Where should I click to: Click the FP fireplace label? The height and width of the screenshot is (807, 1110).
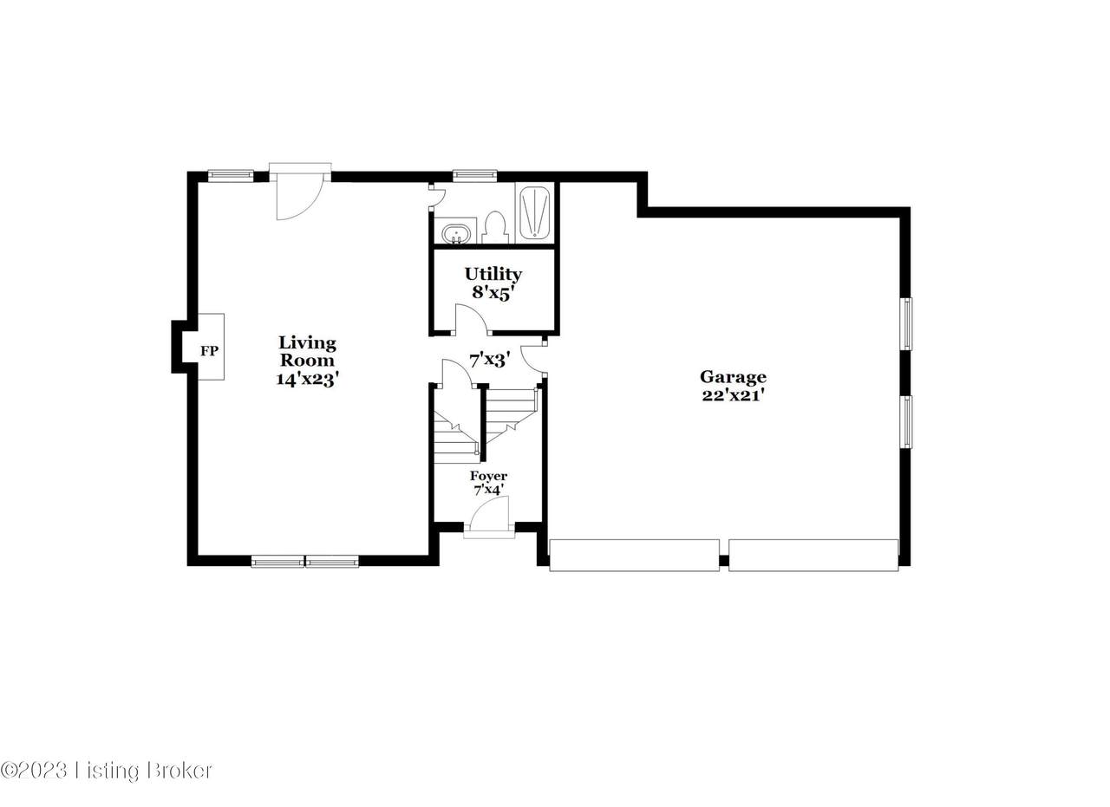pos(209,351)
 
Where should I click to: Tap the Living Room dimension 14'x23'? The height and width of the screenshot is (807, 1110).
pos(307,379)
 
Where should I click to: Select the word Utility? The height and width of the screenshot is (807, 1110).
pos(493,275)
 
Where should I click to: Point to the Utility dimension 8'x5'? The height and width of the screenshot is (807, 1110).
pos(491,293)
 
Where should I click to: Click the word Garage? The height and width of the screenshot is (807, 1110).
pos(733,377)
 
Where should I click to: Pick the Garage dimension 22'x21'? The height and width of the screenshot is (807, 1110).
pos(731,395)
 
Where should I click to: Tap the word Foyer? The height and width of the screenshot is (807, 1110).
pos(488,476)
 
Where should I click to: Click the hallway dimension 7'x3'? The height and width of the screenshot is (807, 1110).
pos(490,360)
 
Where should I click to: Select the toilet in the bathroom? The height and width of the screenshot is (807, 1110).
pos(493,227)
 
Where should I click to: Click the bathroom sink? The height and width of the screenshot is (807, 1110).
pos(455,234)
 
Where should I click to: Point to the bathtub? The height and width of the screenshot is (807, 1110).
pos(534,213)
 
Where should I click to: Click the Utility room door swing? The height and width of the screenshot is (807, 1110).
pos(471,319)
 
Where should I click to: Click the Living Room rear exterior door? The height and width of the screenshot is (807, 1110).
pos(300,193)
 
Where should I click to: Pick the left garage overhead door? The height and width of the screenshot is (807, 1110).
pos(634,556)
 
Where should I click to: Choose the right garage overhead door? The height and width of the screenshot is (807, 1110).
pos(813,556)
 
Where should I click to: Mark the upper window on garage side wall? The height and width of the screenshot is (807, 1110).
pos(906,324)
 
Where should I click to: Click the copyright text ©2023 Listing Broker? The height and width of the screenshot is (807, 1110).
pos(107,771)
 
